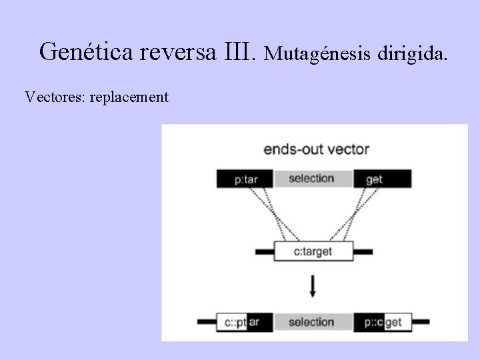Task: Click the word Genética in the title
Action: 87,51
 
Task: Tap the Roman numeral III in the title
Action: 241,51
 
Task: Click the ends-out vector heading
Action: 316,149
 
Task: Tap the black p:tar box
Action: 245,179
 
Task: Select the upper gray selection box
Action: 312,179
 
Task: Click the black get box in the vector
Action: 382,179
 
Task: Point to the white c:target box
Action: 313,251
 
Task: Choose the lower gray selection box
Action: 312,322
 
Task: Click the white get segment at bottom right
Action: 397,322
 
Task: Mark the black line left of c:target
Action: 264,252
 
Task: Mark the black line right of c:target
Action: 362,252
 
